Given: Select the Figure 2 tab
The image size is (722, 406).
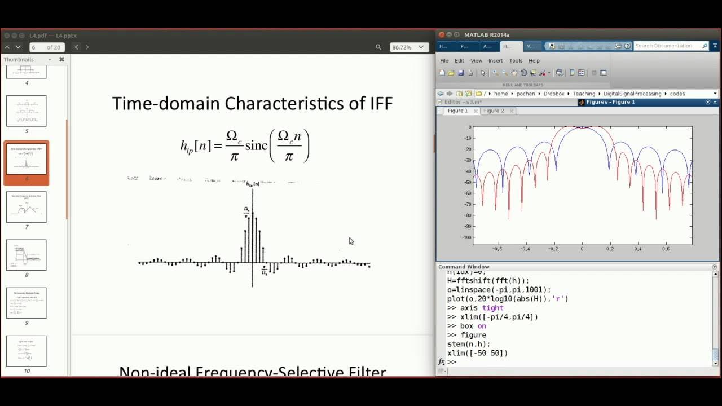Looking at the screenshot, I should [x=494, y=111].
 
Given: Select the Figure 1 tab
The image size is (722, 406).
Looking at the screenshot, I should [x=457, y=111].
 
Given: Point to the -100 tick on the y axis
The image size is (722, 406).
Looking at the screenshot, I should [x=465, y=237].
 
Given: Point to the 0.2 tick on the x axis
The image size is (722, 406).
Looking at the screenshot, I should [x=609, y=249].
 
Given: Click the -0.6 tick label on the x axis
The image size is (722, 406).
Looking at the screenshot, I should [x=496, y=249].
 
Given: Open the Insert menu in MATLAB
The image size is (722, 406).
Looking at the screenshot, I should [x=495, y=61].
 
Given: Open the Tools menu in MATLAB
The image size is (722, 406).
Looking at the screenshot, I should [x=516, y=61].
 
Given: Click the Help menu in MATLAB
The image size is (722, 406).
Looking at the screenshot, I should [x=534, y=61].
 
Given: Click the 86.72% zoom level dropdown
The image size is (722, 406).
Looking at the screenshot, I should [x=409, y=47].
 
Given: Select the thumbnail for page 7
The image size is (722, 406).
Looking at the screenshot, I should [x=26, y=207].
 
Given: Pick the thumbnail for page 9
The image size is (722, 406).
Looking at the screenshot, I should [x=26, y=303].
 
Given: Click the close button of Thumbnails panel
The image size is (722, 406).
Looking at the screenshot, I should [x=61, y=59].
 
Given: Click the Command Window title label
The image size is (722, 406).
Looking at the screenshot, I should [x=464, y=267].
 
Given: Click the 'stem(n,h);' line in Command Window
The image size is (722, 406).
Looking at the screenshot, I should [x=468, y=344].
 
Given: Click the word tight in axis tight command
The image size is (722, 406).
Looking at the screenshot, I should [x=492, y=308].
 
